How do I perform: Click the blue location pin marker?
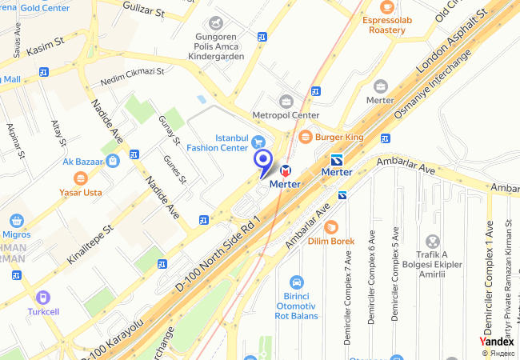[263, 160]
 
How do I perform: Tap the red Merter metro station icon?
[286, 170]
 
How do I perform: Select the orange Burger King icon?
[305, 137]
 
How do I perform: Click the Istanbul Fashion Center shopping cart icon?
[258, 142]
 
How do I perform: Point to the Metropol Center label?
[286, 115]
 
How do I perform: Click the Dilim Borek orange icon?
[331, 226]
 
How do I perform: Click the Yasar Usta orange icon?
[79, 178]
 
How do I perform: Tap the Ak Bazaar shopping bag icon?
[114, 161]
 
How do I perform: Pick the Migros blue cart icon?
[17, 220]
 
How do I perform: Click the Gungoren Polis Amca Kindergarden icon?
[214, 22]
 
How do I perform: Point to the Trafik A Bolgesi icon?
[432, 241]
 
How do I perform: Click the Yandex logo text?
[496, 341]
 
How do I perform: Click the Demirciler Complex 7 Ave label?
[347, 296]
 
